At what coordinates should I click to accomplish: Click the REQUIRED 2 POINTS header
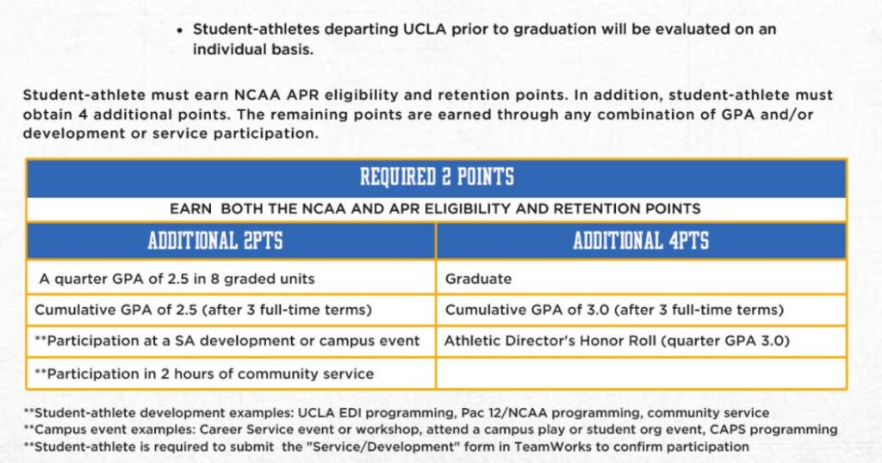tap(436, 178)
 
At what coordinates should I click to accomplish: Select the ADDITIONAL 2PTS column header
tap(214, 240)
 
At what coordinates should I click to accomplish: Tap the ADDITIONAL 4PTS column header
tap(641, 240)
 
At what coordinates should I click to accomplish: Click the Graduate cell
tap(478, 279)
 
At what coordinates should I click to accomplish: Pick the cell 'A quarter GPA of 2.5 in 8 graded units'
tap(177, 279)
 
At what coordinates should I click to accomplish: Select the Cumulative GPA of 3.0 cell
tap(613, 310)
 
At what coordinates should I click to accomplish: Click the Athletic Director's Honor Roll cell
tap(616, 341)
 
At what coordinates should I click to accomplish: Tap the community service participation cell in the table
tap(204, 373)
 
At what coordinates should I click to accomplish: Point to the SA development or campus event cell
tap(227, 341)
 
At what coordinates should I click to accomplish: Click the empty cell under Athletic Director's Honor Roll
tap(641, 373)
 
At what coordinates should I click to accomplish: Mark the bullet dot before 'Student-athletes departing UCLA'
tap(179, 30)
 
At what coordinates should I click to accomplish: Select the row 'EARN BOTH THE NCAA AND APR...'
tap(436, 208)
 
